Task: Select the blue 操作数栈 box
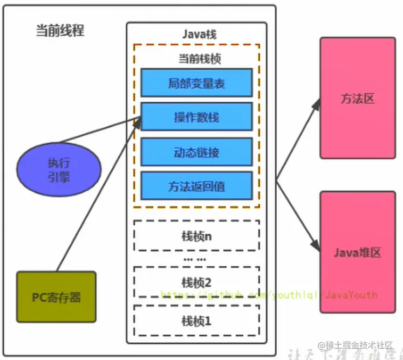196,117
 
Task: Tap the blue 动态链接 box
196,152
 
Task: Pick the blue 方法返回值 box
196,186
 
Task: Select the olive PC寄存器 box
56,296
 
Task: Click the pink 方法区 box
357,99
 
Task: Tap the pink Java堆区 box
357,252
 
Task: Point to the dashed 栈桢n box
196,236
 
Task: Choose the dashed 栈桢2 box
196,281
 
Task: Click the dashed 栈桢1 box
196,321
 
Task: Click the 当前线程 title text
60,31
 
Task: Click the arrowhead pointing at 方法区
317,103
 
